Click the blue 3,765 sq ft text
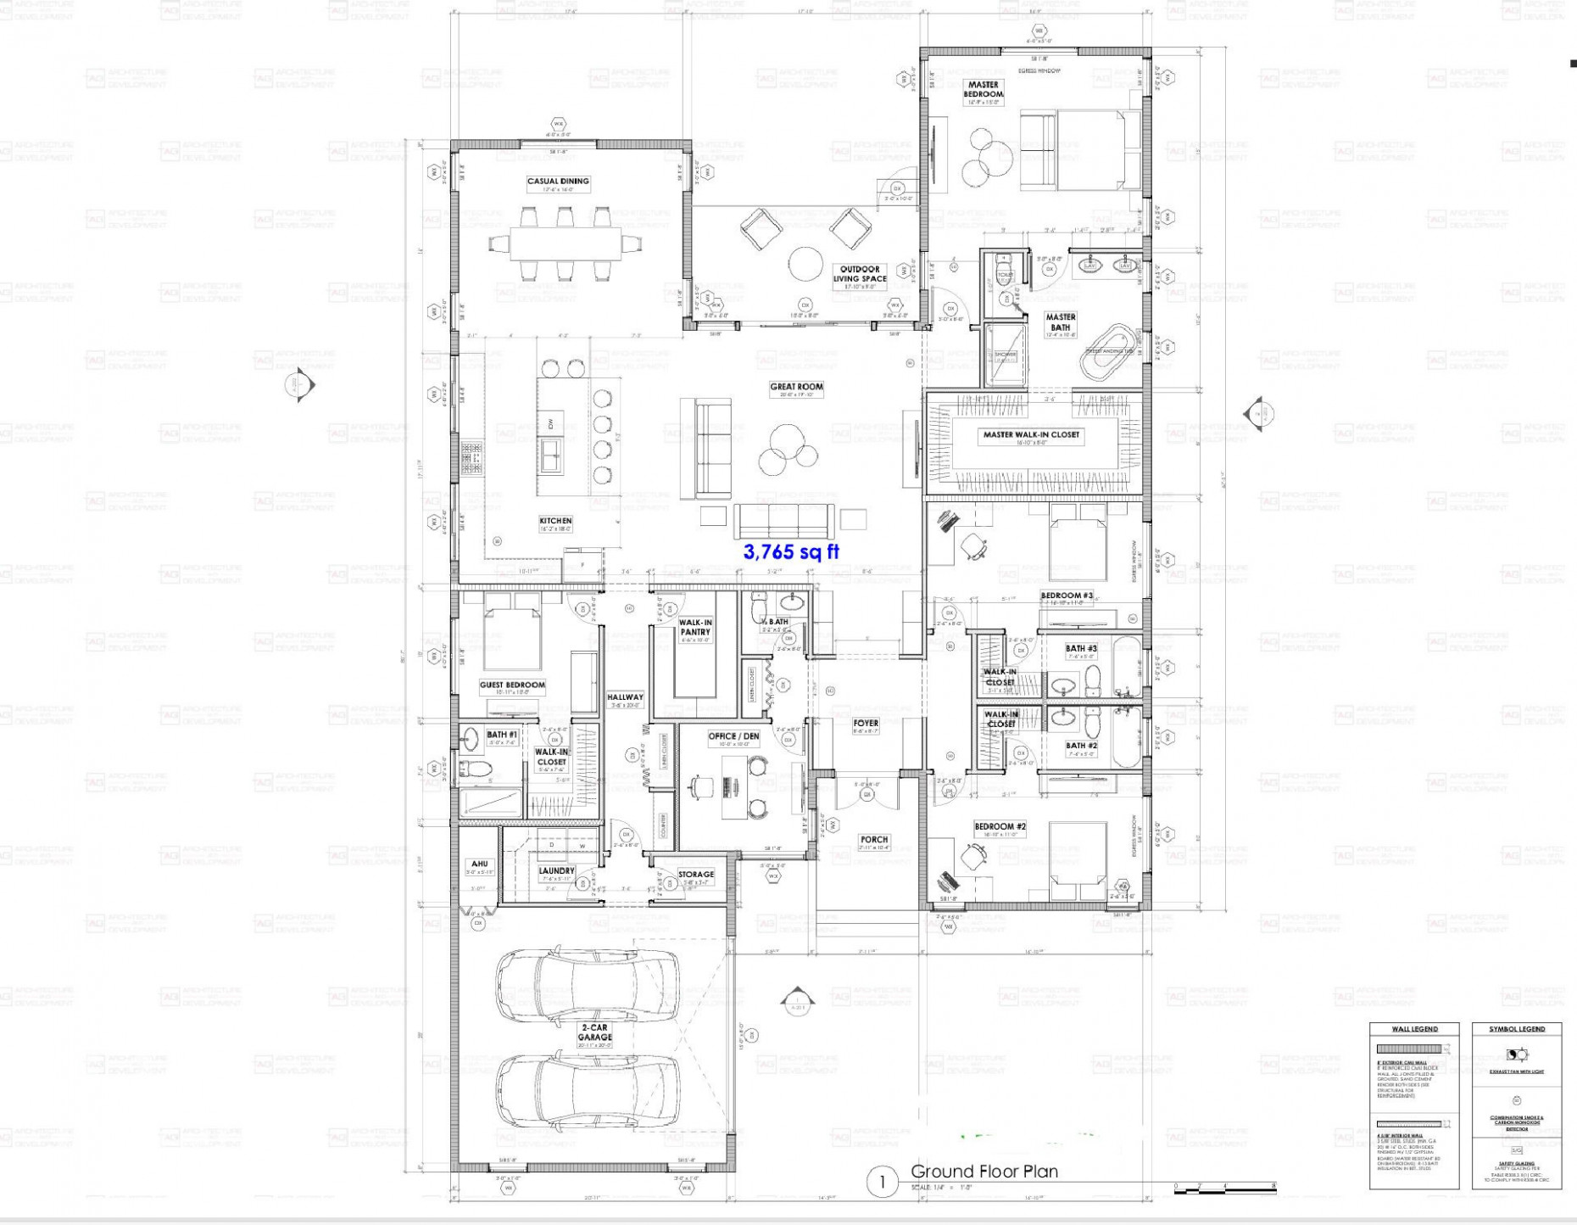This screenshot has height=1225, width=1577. [791, 552]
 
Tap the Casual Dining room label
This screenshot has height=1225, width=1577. [558, 182]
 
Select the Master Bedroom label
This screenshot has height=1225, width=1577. [984, 89]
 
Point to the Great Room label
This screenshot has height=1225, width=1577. [796, 387]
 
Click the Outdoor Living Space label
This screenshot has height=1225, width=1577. [861, 274]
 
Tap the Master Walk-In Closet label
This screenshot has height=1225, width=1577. [1031, 435]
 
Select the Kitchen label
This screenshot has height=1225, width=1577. [555, 521]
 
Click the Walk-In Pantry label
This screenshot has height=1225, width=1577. [695, 627]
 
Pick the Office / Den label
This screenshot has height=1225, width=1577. [734, 736]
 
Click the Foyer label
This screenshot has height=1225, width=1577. [866, 724]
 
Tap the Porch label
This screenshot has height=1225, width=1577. [874, 840]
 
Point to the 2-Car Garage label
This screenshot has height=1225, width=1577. [594, 1032]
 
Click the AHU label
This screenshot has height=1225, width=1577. [479, 864]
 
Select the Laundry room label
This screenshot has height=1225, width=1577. [556, 871]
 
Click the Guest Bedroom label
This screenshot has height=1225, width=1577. [512, 685]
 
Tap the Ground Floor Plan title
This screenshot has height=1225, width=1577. [984, 1172]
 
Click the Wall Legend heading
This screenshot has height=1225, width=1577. [1414, 1029]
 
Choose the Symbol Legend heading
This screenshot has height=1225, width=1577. [1517, 1029]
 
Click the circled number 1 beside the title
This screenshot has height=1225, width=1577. [882, 1182]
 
